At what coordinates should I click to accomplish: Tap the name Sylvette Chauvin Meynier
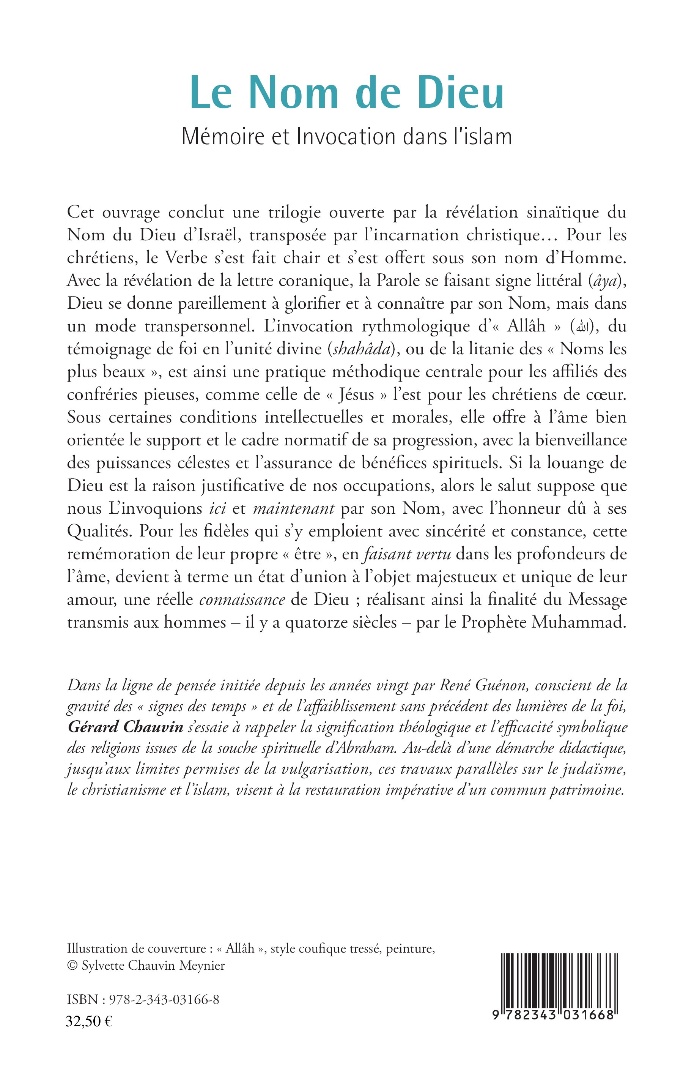(153, 966)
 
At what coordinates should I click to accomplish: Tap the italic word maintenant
(293, 508)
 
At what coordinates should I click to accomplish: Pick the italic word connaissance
(242, 600)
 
